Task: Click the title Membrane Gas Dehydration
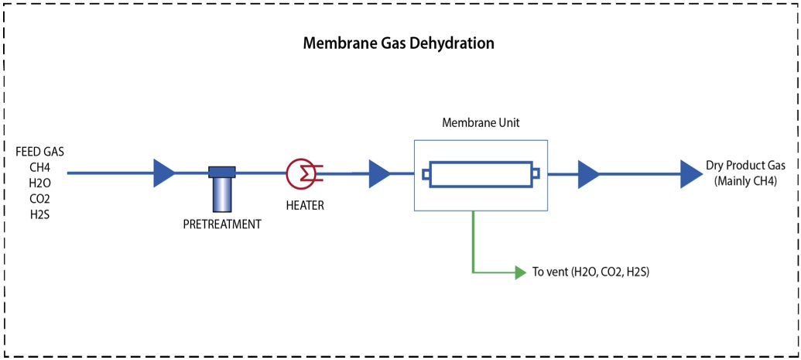(x=398, y=43)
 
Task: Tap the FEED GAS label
(x=39, y=152)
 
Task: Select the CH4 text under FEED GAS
(x=39, y=166)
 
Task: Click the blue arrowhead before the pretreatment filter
(x=164, y=173)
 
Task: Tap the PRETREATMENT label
(x=222, y=225)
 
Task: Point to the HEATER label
(x=304, y=206)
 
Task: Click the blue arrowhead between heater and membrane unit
(x=379, y=173)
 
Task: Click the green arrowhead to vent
(x=520, y=273)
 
